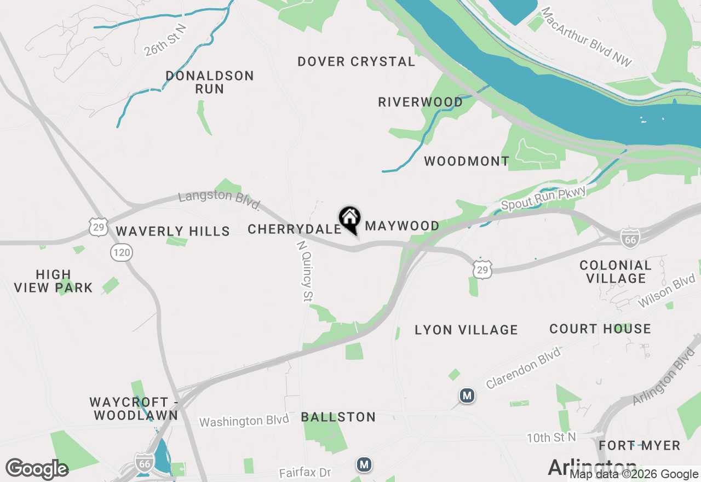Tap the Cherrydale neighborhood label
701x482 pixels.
(295, 229)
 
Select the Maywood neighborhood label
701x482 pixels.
(403, 226)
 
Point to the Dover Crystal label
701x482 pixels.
(357, 61)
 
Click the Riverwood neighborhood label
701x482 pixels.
(421, 102)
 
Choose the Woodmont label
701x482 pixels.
(467, 161)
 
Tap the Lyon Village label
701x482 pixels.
(466, 330)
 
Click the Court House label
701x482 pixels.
(600, 329)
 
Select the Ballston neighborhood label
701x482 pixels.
(338, 417)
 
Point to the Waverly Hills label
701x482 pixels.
(173, 231)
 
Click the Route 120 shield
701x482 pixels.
(121, 253)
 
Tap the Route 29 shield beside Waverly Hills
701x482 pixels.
(99, 227)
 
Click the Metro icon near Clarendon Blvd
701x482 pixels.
(467, 395)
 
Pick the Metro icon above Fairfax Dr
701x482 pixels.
(364, 464)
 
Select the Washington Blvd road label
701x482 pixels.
(244, 421)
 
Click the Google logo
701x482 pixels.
(37, 469)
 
